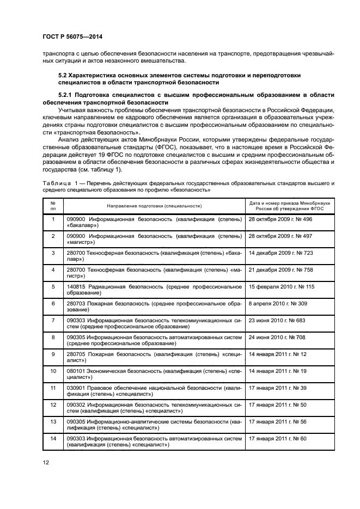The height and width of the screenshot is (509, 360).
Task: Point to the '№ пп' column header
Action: click(53, 206)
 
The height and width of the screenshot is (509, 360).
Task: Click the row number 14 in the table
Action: click(53, 438)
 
